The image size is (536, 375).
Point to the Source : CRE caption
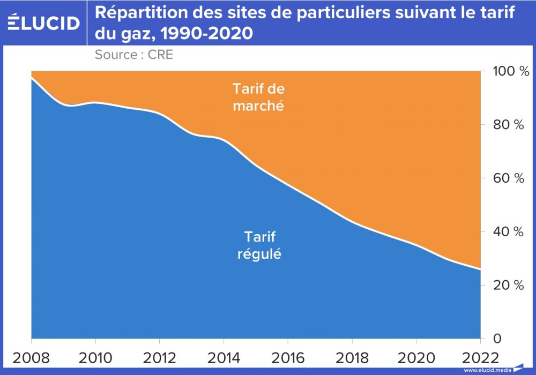click(x=134, y=54)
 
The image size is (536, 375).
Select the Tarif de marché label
click(x=258, y=97)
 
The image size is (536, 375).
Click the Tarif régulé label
click(x=259, y=245)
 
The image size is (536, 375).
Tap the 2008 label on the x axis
click(x=32, y=357)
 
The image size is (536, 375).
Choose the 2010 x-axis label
click(x=95, y=357)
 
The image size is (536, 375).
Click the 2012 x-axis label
click(x=160, y=357)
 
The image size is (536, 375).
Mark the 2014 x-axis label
click(x=224, y=357)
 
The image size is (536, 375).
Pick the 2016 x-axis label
click(x=288, y=357)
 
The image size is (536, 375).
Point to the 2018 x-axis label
click(x=352, y=357)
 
